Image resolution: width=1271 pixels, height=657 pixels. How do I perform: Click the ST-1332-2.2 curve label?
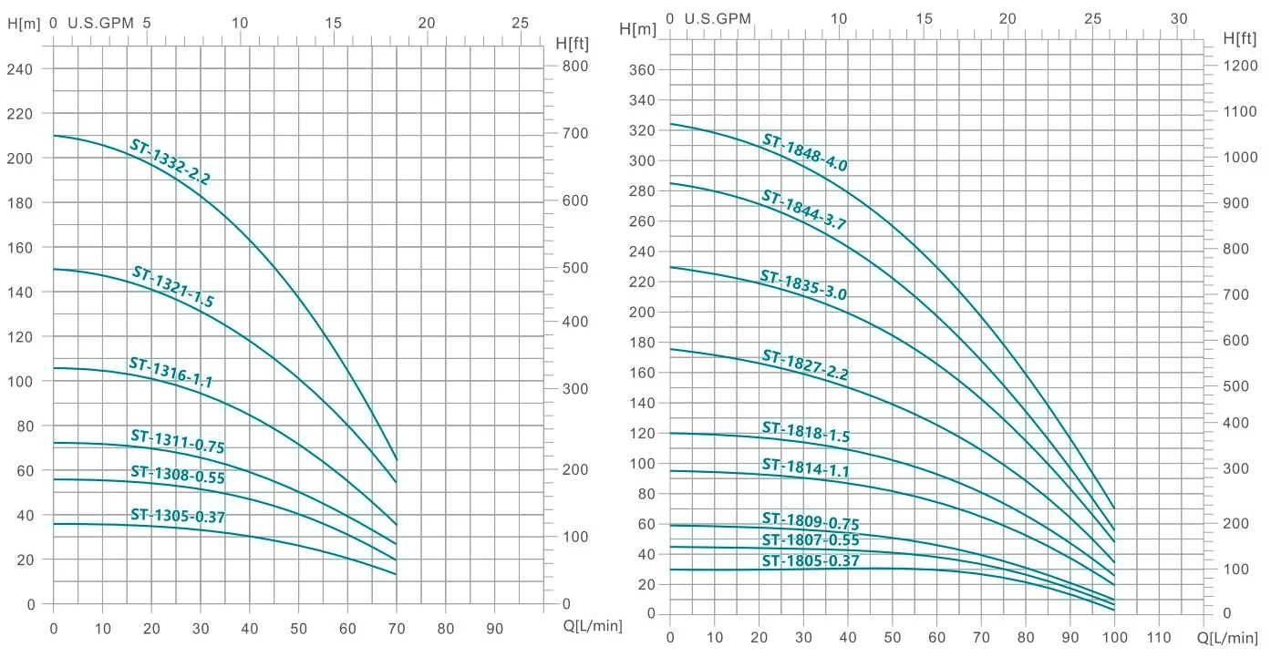[x=170, y=162]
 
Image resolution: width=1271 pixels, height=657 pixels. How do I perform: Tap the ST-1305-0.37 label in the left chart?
[x=177, y=516]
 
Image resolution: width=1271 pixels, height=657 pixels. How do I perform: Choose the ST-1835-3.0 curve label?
[x=804, y=285]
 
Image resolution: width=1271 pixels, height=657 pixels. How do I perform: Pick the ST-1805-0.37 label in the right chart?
[x=811, y=561]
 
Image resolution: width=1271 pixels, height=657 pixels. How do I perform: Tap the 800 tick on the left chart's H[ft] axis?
[x=573, y=67]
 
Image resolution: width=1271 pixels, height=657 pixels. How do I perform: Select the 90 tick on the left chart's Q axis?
[x=494, y=628]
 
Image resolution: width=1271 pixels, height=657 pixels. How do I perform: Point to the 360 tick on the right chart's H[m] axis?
[x=643, y=70]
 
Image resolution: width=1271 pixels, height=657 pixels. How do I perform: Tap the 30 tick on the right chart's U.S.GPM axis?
[x=1180, y=18]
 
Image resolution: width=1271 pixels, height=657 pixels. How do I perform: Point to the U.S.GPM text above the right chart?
[x=718, y=18]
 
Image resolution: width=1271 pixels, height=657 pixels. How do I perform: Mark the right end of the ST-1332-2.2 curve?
[x=397, y=459]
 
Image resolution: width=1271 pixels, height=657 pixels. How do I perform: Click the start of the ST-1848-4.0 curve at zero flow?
[x=670, y=124]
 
